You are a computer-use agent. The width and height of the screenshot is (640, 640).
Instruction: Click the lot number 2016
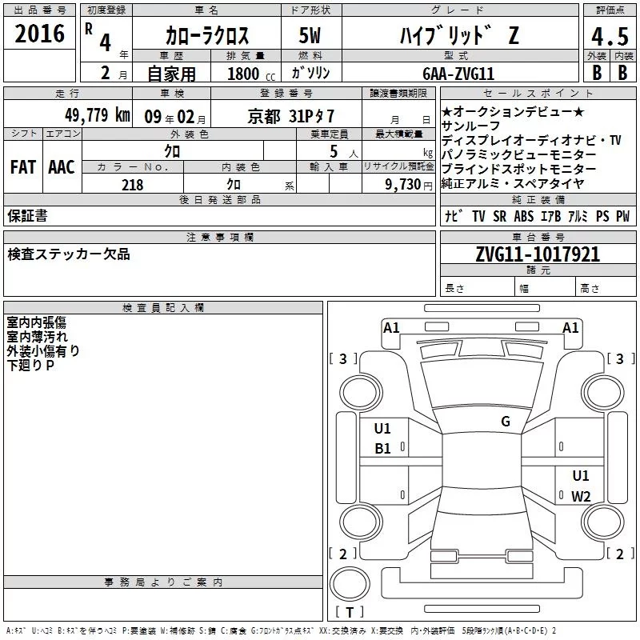pyautogui.click(x=39, y=34)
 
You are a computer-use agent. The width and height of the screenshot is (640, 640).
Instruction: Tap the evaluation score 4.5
pyautogui.click(x=610, y=37)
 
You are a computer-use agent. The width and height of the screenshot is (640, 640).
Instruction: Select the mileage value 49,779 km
pyautogui.click(x=98, y=115)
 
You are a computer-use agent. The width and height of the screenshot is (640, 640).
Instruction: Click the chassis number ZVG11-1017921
pyautogui.click(x=538, y=254)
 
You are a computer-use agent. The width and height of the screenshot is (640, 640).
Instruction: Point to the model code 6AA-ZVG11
pyautogui.click(x=458, y=74)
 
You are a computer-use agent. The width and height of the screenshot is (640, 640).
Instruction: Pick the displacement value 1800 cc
pyautogui.click(x=251, y=74)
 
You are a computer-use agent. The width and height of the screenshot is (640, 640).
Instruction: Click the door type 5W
pyautogui.click(x=310, y=35)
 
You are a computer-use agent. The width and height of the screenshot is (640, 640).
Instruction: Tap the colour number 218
pyautogui.click(x=133, y=185)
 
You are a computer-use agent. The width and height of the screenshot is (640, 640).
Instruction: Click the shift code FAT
pyautogui.click(x=23, y=167)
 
